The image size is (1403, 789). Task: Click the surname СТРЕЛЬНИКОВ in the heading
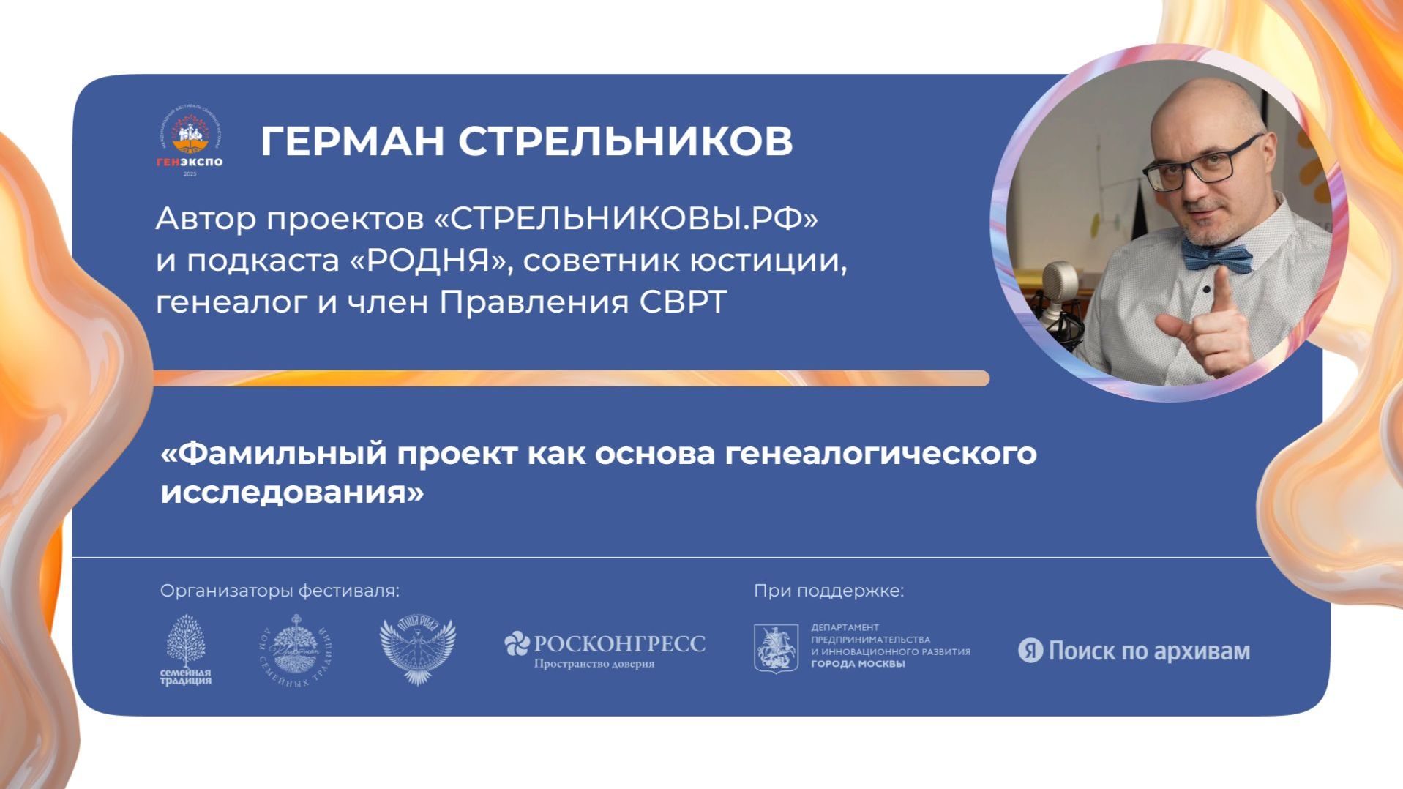(626, 141)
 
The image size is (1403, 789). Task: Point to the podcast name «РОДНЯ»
(429, 261)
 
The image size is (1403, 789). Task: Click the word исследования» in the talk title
(292, 492)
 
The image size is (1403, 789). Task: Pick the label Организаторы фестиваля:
(280, 591)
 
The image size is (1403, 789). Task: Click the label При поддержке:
(829, 591)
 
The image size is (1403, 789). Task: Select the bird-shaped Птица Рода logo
(417, 651)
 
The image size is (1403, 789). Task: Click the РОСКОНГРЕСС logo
(605, 648)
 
